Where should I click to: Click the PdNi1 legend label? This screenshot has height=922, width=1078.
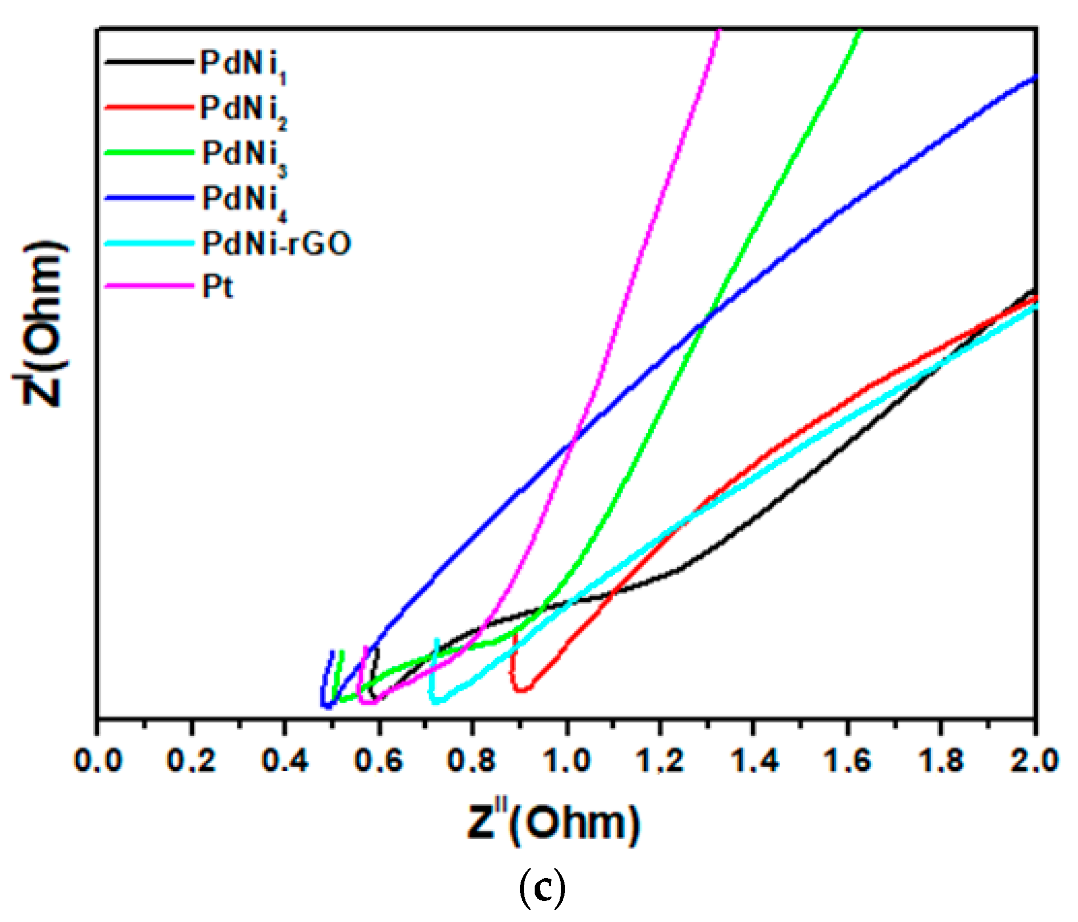[242, 65]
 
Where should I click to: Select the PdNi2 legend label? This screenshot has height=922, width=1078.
[242, 110]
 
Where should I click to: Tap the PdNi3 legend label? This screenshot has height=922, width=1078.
[243, 155]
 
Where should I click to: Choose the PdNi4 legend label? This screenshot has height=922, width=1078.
[243, 200]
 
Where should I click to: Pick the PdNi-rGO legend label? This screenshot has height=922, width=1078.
[276, 243]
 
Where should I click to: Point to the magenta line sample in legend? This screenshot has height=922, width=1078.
[149, 285]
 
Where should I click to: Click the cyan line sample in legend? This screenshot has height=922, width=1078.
[149, 243]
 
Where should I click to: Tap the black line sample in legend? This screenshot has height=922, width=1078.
[149, 62]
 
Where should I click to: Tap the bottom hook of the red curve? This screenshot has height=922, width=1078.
[521, 690]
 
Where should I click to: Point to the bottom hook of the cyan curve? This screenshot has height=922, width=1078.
[439, 701]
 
